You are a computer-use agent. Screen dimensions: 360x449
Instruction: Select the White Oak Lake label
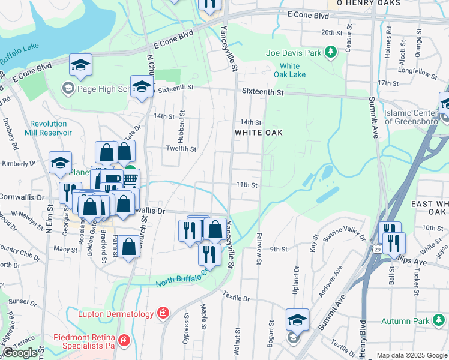click(290, 70)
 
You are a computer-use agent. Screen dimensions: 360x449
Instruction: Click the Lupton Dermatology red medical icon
click(162, 313)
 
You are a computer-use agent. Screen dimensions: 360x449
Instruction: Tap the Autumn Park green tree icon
click(436, 322)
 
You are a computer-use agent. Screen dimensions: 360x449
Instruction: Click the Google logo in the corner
click(20, 353)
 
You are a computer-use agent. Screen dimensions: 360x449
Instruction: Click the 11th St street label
click(247, 185)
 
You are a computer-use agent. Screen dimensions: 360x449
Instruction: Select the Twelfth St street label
click(181, 149)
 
